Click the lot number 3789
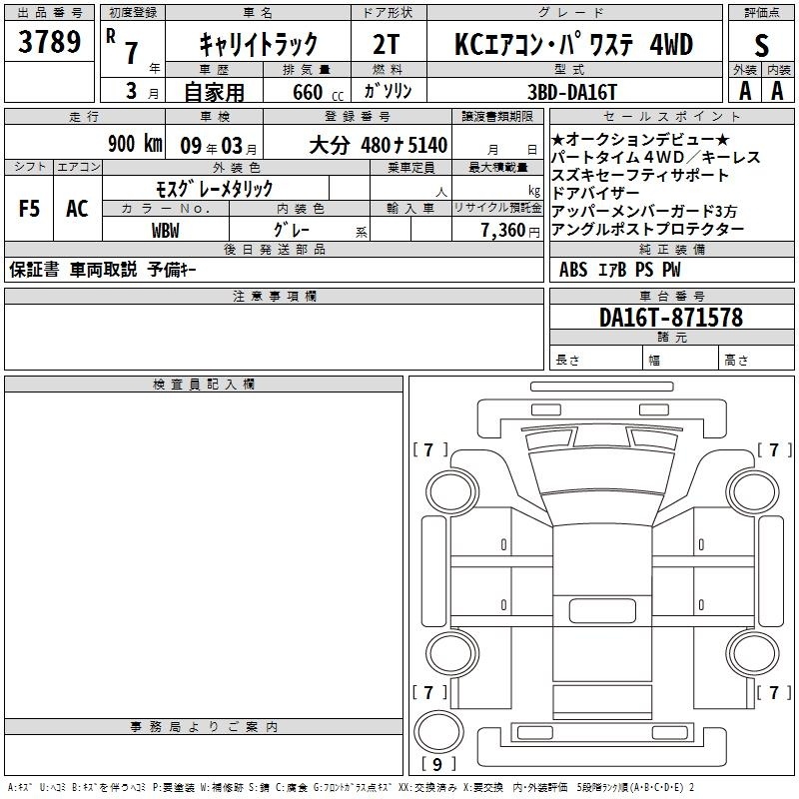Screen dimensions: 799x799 tap(49, 42)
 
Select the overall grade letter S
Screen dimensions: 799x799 tap(761, 45)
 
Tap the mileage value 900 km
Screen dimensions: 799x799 tap(135, 144)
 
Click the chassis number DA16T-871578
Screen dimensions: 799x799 tap(671, 318)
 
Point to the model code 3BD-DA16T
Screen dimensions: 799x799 tap(572, 92)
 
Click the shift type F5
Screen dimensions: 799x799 tap(29, 209)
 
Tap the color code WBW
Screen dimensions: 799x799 tap(166, 231)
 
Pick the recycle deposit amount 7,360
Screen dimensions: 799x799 tap(503, 230)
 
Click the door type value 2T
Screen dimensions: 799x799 tap(387, 44)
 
